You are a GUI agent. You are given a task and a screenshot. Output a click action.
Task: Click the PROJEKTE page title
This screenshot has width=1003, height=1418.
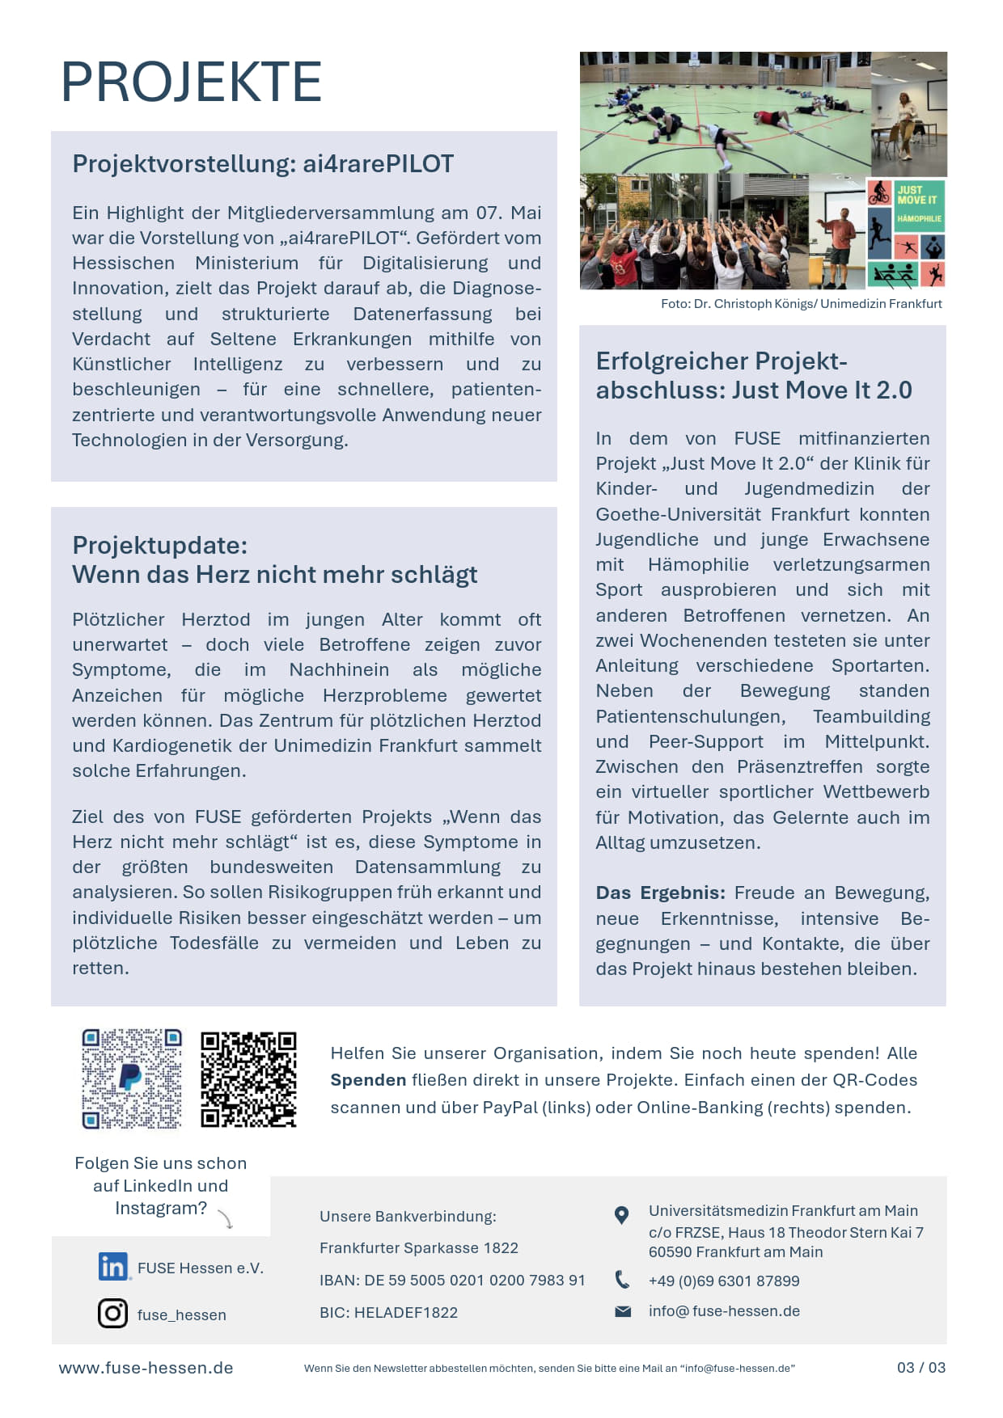pos(191,82)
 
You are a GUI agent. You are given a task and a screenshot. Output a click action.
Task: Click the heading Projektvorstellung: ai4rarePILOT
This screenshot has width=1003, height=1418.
pos(263,164)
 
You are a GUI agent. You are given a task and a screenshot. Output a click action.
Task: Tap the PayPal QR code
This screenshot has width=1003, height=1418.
pos(132,1078)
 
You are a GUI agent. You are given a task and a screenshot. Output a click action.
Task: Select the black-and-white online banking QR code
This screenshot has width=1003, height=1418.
pos(248,1078)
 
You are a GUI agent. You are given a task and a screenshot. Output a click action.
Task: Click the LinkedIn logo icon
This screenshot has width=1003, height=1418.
pos(113,1266)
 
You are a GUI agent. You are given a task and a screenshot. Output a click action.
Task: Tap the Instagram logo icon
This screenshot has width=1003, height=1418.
pos(112,1313)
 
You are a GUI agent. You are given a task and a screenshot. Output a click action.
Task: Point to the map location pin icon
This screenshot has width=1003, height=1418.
pos(621,1214)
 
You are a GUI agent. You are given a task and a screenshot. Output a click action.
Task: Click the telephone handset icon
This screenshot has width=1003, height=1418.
pos(621,1279)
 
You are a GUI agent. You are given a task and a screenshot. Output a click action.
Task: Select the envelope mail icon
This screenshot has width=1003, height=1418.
pos(622,1311)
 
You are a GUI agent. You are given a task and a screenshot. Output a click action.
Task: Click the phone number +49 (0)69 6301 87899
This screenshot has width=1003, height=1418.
pos(723,1281)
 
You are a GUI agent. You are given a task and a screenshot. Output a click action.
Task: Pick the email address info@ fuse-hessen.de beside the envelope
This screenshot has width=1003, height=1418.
pos(723,1311)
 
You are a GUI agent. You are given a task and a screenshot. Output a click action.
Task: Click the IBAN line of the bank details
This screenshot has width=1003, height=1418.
pos(451,1281)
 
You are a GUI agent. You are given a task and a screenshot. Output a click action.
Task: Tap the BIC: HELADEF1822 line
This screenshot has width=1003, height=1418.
pos(388,1313)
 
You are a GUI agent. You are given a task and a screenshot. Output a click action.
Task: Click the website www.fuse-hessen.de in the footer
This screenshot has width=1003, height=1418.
pos(146,1368)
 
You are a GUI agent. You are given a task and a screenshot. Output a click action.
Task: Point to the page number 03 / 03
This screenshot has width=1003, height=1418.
pos(920,1368)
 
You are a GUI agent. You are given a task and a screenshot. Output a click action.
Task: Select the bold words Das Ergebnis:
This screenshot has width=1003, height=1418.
pos(660,893)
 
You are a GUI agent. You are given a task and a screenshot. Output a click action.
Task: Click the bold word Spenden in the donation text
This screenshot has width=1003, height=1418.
pos(368,1080)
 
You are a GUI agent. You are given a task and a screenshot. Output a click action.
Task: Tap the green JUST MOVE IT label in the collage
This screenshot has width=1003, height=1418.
pos(916,195)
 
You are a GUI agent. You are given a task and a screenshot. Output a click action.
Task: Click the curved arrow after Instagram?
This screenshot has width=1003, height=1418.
pos(226,1218)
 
